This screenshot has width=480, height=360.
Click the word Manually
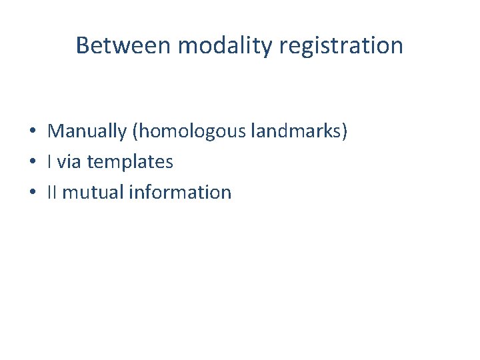(87, 131)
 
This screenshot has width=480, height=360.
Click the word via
(71, 161)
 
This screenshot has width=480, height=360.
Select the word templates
(130, 162)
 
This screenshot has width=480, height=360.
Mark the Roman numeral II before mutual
(52, 192)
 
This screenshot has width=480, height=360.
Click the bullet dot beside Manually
(32, 131)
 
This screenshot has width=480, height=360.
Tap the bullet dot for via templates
(32, 162)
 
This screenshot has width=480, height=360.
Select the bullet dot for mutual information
(32, 193)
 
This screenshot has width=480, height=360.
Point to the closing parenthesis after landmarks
(345, 131)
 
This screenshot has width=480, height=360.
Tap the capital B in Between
(83, 45)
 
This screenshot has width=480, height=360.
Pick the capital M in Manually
(55, 131)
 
